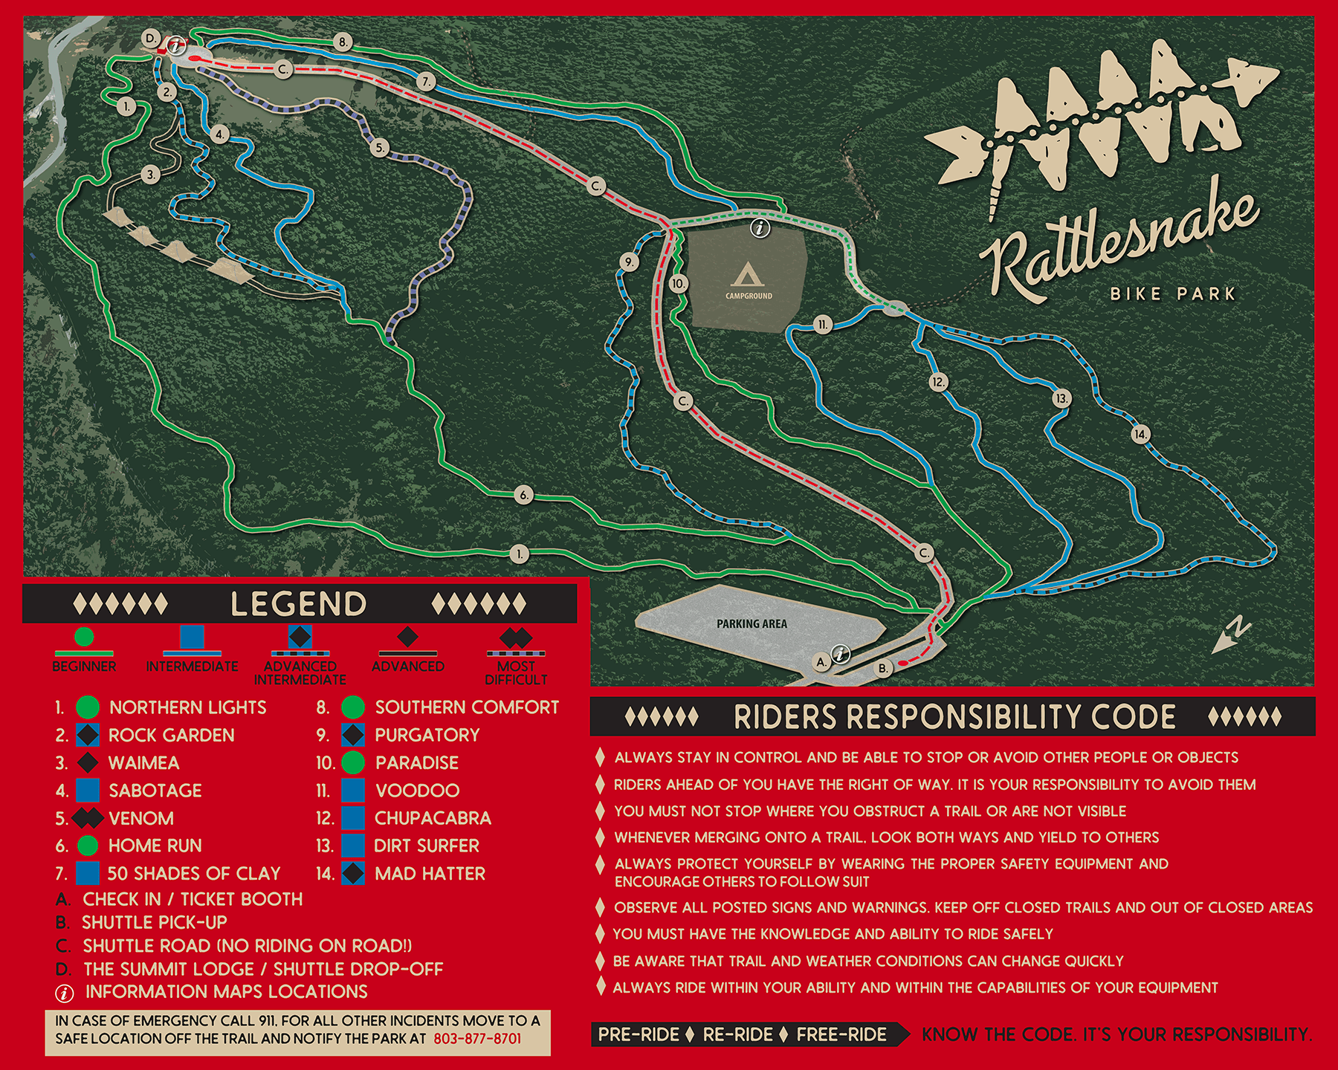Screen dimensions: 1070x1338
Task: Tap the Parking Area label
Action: (752, 624)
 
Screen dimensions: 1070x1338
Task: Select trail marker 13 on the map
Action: (1061, 398)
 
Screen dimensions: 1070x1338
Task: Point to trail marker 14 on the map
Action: (1140, 434)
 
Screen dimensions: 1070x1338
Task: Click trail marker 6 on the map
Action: (523, 495)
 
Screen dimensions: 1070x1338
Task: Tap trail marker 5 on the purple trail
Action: (380, 148)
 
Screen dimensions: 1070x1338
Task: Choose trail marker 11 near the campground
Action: (822, 325)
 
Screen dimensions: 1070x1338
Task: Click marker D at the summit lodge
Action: (151, 39)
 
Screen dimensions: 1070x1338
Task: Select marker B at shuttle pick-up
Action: (883, 668)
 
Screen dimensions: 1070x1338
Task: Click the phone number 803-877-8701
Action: (477, 1038)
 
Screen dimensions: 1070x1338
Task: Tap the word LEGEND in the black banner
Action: (299, 603)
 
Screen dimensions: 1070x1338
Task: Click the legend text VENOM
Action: (141, 818)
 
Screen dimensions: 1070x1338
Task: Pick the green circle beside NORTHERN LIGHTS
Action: (88, 707)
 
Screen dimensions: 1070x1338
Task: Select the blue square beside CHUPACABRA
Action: (353, 818)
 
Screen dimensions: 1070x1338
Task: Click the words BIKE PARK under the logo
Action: (1172, 294)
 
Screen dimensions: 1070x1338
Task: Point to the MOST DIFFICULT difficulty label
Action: (516, 672)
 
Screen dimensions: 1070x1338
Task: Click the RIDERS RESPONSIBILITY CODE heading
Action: (954, 717)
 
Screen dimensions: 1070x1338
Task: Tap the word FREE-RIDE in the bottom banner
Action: (841, 1034)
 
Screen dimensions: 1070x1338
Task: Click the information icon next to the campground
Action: (760, 228)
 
